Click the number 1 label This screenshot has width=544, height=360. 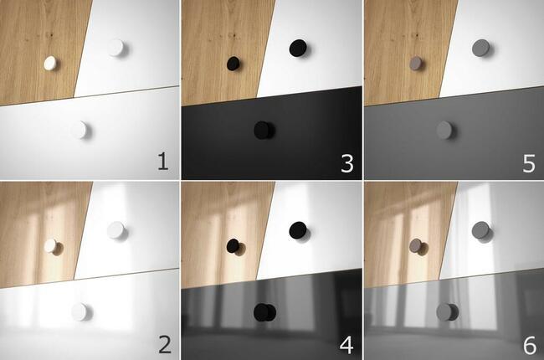click(163, 162)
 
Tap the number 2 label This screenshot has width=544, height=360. click(164, 345)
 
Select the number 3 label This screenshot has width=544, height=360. click(347, 163)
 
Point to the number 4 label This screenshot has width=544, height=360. click(346, 345)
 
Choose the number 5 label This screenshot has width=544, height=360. click(529, 163)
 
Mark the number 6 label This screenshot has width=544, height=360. click(530, 346)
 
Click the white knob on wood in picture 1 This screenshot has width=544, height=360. click(51, 63)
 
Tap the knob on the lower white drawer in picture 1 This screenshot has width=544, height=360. click(80, 130)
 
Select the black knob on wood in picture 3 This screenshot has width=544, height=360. click(234, 64)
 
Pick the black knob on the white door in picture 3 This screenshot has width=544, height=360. click(299, 48)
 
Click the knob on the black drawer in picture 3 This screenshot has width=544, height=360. click(263, 130)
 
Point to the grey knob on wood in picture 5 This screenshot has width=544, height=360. click(416, 64)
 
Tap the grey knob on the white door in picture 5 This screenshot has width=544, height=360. click(481, 49)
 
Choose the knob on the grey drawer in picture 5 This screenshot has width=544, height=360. click(444, 130)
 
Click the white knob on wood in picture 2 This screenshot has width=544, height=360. click(51, 245)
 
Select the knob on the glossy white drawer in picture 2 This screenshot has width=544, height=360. click(80, 311)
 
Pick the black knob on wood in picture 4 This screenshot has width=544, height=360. click(234, 246)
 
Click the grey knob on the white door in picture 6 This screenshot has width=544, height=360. click(481, 230)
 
